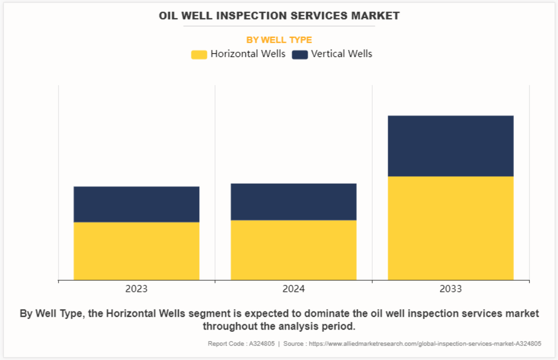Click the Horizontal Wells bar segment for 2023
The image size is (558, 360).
click(136, 251)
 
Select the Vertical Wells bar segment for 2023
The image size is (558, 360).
click(136, 204)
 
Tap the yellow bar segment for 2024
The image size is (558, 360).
click(293, 250)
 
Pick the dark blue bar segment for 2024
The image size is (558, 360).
click(293, 202)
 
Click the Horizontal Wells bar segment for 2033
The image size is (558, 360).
click(450, 228)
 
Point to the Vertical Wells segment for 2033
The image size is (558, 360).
click(450, 146)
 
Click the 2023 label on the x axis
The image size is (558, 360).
click(136, 289)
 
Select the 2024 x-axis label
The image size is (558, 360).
click(293, 289)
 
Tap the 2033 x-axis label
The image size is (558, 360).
click(450, 289)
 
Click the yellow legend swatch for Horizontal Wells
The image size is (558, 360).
click(199, 54)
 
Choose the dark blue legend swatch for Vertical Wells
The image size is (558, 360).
click(300, 54)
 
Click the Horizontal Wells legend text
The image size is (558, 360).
click(248, 54)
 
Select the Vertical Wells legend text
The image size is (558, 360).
click(342, 54)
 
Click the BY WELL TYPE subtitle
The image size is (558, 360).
click(279, 40)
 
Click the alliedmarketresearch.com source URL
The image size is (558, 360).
click(425, 343)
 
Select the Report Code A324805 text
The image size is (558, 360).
click(241, 343)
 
